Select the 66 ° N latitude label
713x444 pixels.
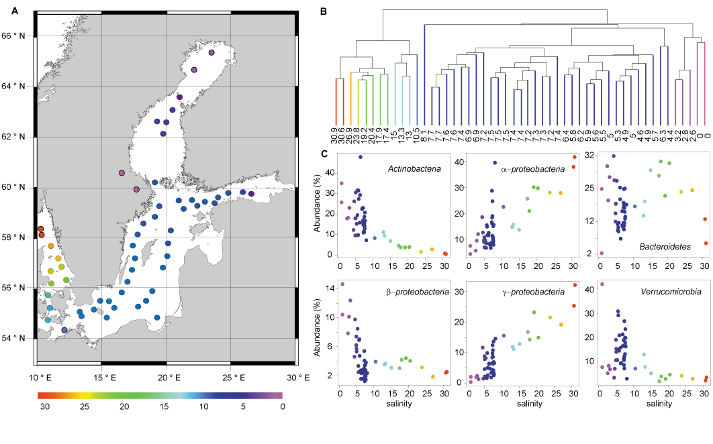18,36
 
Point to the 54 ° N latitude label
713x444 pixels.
18,338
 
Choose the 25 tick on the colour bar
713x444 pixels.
84,406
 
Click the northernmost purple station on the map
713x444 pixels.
211,52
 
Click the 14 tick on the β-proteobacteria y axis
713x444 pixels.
329,288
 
